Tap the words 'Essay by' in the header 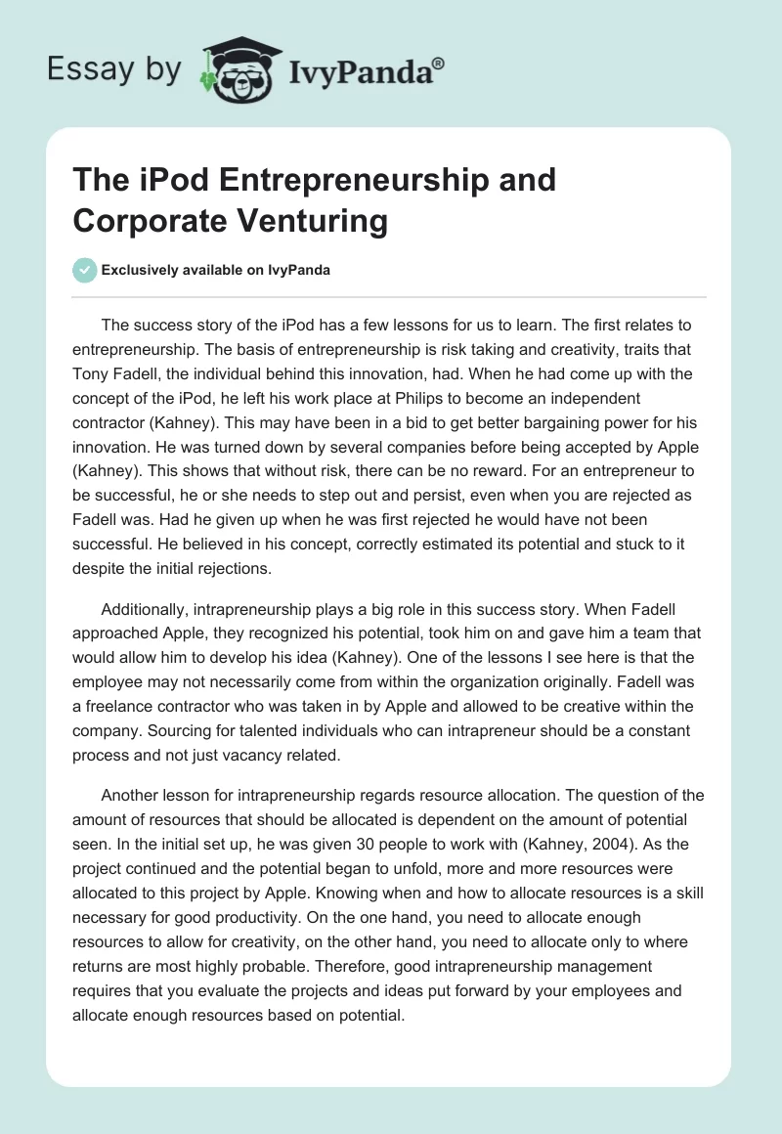tap(112, 69)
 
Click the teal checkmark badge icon tap(84, 270)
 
